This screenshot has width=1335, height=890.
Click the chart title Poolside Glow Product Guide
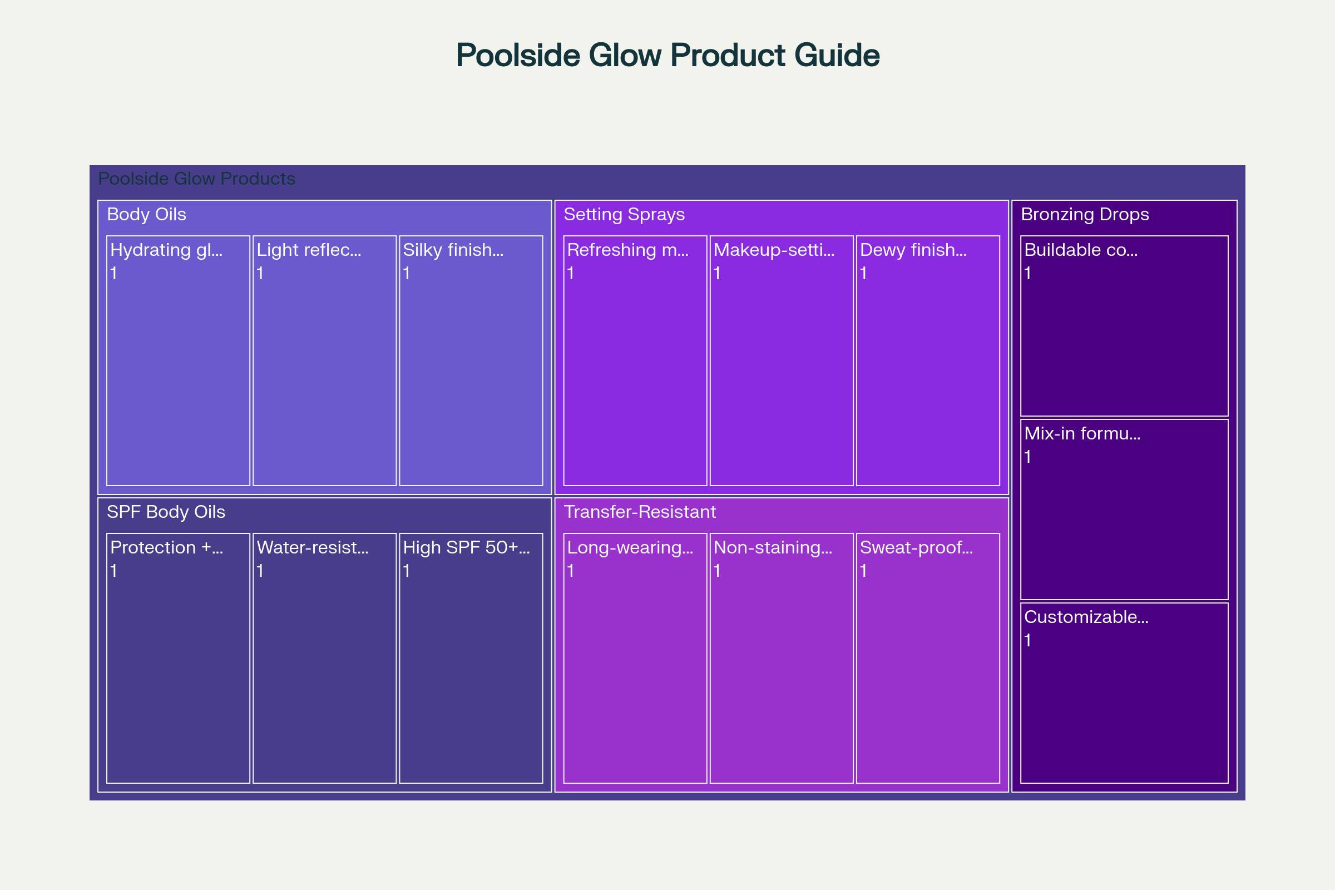point(667,55)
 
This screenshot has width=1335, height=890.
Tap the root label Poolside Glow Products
point(196,179)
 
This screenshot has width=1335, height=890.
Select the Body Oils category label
point(146,215)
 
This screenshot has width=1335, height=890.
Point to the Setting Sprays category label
point(624,215)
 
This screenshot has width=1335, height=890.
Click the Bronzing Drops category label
point(1085,215)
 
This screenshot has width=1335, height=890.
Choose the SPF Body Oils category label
point(166,512)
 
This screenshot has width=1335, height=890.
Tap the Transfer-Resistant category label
point(640,512)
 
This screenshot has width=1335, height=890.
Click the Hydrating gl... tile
point(178,360)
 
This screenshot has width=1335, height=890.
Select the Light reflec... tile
point(325,360)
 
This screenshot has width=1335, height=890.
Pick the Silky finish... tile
point(471,360)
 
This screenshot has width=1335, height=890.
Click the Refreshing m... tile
point(635,360)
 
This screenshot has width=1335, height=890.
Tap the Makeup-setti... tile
point(782,360)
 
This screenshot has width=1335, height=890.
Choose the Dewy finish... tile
point(928,360)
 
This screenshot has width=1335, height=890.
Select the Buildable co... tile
point(1124,326)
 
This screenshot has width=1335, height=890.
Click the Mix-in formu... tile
point(1124,510)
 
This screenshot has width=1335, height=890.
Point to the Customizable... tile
point(1124,693)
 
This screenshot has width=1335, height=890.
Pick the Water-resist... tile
point(325,659)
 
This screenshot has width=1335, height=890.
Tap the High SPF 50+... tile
point(471,659)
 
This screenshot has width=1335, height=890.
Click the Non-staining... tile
point(782,659)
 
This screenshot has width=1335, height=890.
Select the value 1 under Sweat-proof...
point(863,571)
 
